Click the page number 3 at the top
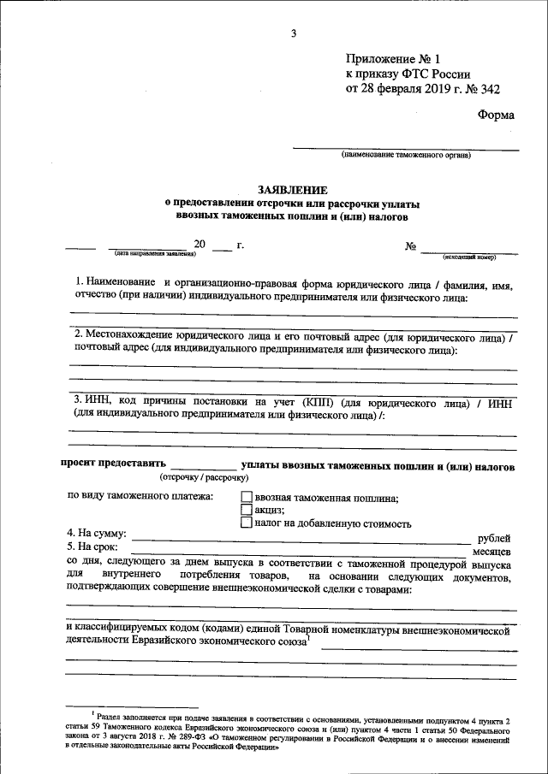point(294,33)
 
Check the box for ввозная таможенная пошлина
point(247,497)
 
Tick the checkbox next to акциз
point(247,510)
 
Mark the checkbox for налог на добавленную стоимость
point(247,523)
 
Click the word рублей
point(493,538)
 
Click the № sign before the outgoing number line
point(411,245)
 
